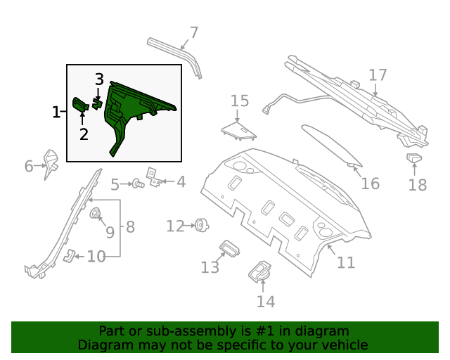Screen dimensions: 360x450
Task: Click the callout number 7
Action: coord(194,32)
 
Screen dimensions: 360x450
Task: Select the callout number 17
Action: coord(378,75)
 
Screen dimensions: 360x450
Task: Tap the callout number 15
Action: coord(240,101)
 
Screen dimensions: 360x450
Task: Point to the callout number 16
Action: coord(370,184)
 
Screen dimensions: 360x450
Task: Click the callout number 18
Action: coord(418,185)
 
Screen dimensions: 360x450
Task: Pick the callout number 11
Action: coord(345,262)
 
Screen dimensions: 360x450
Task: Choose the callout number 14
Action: coord(265,302)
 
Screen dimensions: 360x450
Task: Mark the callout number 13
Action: coord(210,267)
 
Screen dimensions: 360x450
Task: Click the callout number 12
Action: coord(175,226)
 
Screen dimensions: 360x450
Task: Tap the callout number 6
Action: coord(29,167)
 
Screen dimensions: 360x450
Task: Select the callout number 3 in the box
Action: coord(99,79)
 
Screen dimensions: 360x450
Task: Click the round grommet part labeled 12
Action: coord(202,225)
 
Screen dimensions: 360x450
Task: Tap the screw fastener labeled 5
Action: coord(138,184)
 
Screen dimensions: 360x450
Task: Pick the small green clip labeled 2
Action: coord(79,105)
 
